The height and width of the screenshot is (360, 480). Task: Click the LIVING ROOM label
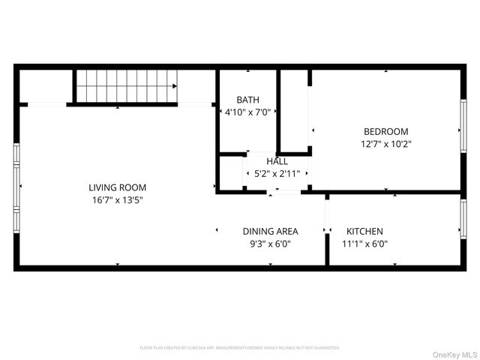117,187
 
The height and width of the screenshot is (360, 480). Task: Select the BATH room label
247,100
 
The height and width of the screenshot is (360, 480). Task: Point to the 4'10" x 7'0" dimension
247,112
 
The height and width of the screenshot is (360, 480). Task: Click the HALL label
277,161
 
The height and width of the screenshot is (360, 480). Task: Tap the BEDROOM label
385,130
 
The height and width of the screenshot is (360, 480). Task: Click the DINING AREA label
270,231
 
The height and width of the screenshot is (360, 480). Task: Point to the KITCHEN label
364,231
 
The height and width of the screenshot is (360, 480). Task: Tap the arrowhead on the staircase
174,86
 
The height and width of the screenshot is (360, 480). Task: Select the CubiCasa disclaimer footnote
240,348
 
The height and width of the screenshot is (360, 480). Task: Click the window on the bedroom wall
463,129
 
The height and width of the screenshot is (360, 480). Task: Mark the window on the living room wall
16,187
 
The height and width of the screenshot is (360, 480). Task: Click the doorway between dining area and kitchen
327,217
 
